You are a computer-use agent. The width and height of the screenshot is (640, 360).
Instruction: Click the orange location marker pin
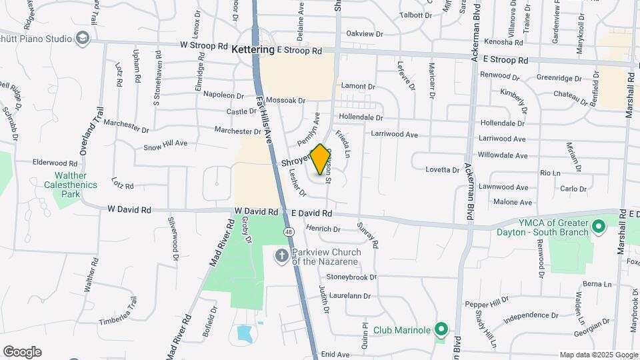(321, 159)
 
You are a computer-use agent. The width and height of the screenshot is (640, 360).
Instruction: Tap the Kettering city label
(253, 50)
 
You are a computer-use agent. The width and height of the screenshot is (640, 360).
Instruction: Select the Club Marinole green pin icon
(441, 329)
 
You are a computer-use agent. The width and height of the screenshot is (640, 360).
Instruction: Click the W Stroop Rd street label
(203, 46)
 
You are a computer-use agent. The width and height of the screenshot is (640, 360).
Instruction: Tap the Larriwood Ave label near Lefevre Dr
(395, 135)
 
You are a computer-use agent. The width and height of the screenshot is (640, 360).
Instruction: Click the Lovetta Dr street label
(443, 169)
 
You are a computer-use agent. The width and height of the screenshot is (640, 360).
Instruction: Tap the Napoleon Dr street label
(224, 94)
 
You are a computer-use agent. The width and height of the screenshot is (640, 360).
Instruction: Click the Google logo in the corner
(22, 352)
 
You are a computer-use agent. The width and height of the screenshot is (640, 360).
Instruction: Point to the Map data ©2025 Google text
(599, 355)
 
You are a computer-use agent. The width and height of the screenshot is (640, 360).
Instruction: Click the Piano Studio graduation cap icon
(82, 38)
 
